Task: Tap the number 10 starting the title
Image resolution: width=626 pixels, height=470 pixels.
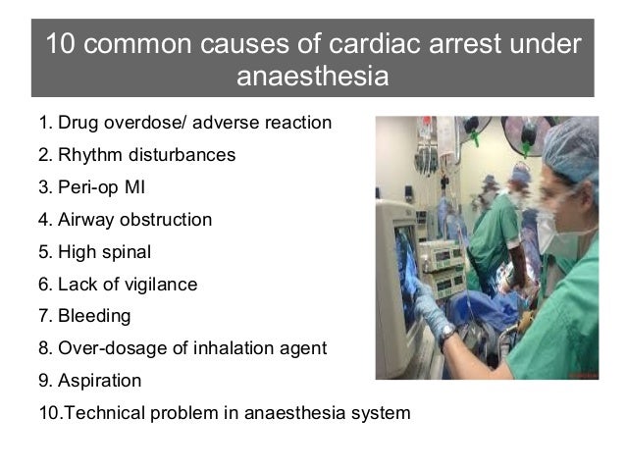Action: (59, 45)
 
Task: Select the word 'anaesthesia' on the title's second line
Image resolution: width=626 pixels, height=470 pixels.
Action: (313, 77)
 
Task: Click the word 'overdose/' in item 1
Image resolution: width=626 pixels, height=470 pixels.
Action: (138, 125)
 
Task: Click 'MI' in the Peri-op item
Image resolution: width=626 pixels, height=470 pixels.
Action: (131, 187)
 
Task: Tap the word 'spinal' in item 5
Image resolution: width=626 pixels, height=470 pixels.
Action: (127, 252)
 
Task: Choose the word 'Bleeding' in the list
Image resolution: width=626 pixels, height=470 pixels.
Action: (94, 317)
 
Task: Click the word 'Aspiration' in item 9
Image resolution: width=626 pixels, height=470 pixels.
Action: (99, 381)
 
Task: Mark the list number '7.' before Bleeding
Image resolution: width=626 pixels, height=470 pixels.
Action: (45, 317)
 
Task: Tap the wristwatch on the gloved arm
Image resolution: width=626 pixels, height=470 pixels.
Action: (447, 335)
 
